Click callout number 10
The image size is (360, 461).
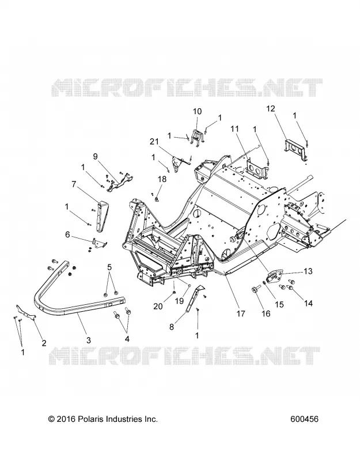click(x=198, y=111)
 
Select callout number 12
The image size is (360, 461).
click(x=271, y=108)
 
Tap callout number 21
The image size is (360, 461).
click(x=154, y=142)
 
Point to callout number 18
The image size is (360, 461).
click(x=162, y=179)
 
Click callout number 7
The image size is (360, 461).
click(x=74, y=184)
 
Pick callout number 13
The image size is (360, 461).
click(x=308, y=271)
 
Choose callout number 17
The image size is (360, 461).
click(x=241, y=313)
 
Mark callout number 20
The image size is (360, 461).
click(x=158, y=307)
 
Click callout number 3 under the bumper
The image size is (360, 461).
click(x=89, y=340)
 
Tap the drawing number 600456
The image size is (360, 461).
click(x=304, y=419)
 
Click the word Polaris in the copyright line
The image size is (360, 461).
click(x=90, y=419)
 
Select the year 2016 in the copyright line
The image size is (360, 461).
click(x=66, y=419)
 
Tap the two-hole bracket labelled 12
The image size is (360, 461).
click(x=295, y=150)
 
